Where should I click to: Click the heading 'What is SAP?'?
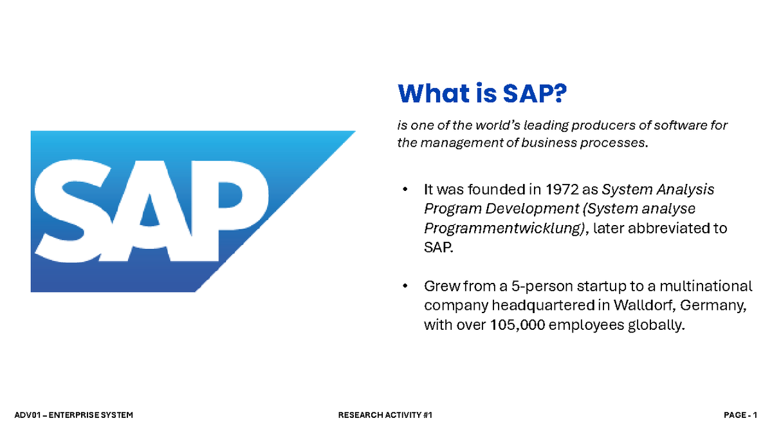pos(482,94)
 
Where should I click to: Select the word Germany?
pos(716,305)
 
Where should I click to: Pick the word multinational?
pos(705,286)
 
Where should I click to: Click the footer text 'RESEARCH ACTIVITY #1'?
pos(385,415)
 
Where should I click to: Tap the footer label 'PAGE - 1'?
pos(740,415)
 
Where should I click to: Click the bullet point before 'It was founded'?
pos(405,190)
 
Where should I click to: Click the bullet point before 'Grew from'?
pos(405,286)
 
